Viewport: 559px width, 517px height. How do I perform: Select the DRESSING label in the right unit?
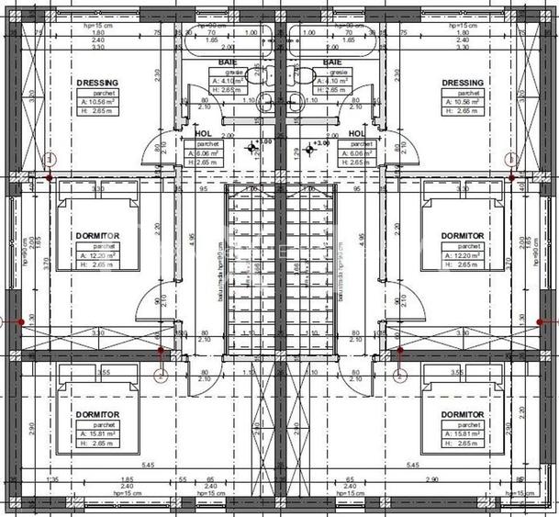tap(462, 83)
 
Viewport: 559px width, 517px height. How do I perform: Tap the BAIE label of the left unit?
tap(228, 62)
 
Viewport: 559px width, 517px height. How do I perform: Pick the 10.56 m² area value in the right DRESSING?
tap(470, 102)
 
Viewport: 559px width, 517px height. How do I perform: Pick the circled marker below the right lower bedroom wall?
tap(398, 375)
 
